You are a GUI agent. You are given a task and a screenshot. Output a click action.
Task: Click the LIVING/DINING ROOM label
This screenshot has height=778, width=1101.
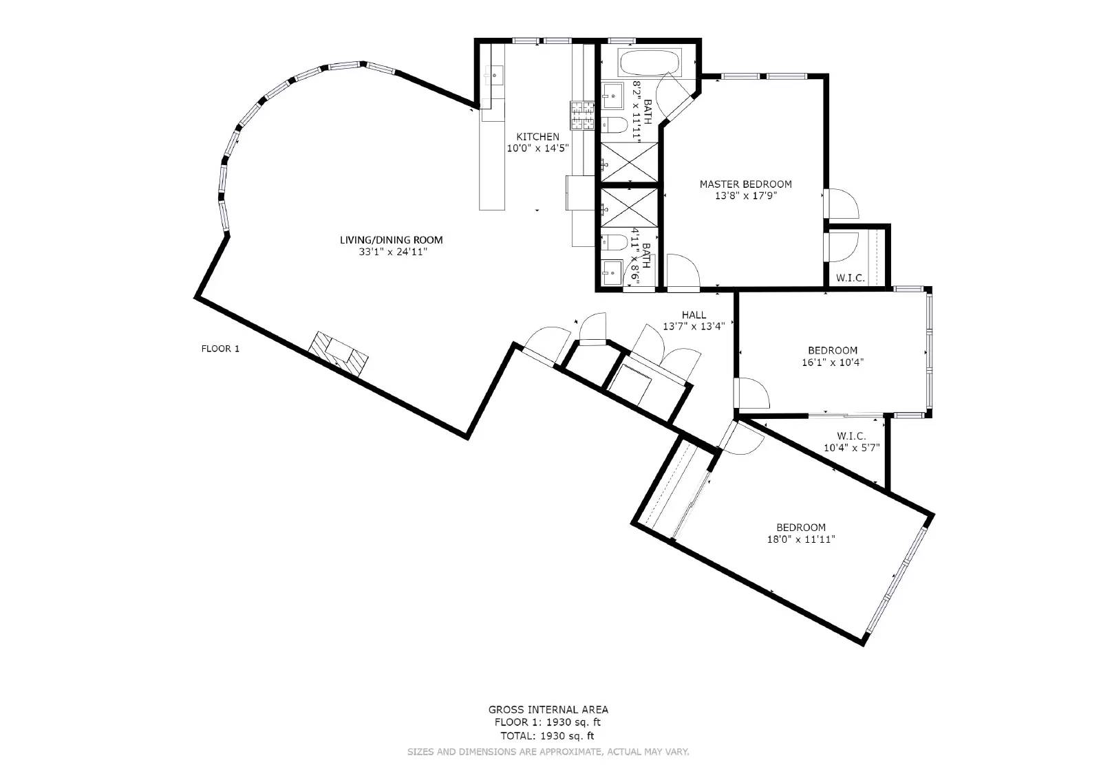click(x=391, y=240)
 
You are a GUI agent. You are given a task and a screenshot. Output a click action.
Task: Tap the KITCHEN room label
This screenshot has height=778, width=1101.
click(x=537, y=137)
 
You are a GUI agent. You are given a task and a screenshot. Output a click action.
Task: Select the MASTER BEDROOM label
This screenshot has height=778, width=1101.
click(x=745, y=184)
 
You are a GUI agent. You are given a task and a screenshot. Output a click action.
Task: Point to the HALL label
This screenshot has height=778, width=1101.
click(x=694, y=315)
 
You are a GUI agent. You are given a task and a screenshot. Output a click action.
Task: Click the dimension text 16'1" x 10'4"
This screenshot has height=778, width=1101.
click(x=833, y=363)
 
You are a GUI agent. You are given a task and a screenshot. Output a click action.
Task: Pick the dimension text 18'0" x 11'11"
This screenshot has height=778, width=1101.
click(x=801, y=539)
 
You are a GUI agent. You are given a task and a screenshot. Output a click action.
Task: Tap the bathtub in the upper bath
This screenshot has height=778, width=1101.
click(x=650, y=63)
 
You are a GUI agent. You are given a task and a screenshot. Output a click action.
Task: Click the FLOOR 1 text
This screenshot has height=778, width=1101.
click(x=220, y=349)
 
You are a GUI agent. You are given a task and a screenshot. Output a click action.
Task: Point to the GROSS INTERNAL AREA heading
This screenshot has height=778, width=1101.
click(x=548, y=709)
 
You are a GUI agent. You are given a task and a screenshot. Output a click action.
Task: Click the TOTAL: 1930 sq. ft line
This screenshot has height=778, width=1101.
click(x=548, y=735)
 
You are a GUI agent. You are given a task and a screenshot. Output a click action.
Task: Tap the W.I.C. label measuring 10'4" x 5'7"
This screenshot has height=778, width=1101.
click(x=851, y=436)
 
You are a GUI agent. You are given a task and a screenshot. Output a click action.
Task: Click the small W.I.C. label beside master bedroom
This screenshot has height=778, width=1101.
click(x=850, y=278)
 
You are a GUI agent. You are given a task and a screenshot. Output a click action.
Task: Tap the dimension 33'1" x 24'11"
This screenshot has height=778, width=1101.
click(x=391, y=252)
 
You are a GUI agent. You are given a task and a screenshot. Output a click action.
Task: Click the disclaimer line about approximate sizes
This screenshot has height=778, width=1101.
click(x=548, y=752)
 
